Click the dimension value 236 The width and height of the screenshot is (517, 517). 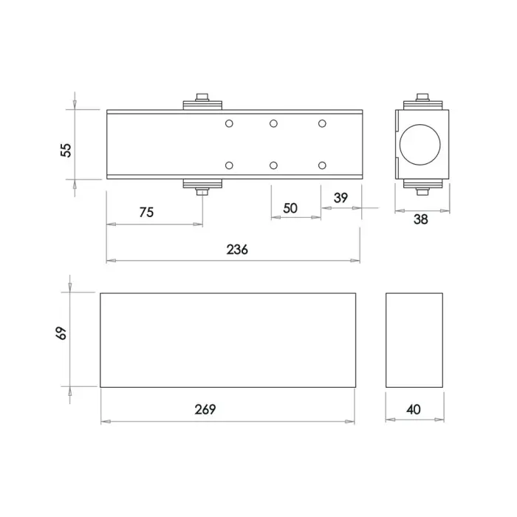237,250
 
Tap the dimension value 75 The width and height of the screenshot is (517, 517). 146,212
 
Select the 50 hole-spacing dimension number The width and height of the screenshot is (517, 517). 290,208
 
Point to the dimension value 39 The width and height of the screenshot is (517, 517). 340,197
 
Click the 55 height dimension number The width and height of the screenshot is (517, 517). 66,150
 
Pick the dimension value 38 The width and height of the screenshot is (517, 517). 421,219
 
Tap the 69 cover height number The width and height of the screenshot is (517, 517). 61,333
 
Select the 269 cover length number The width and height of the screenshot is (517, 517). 205,409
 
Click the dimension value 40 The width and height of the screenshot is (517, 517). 414,409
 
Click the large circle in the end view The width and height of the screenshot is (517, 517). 420,124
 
